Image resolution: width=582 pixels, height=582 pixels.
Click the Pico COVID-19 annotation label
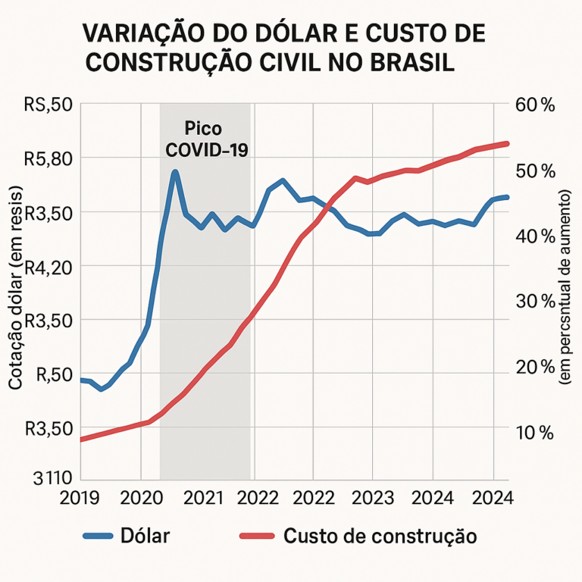[x=206, y=138]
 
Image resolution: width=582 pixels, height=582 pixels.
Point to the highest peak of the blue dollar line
[x=175, y=173]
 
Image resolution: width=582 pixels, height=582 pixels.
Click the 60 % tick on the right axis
[x=535, y=105]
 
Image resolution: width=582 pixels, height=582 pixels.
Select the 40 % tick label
[x=535, y=236]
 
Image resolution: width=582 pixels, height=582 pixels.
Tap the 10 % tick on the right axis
[x=535, y=432]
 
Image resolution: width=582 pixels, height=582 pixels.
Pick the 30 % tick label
[x=535, y=301]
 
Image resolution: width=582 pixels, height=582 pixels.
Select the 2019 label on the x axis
[x=80, y=499]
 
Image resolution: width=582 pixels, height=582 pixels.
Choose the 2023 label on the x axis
[x=372, y=499]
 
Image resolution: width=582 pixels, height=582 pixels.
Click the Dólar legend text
[x=145, y=536]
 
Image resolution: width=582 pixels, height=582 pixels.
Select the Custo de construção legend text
[x=380, y=536]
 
